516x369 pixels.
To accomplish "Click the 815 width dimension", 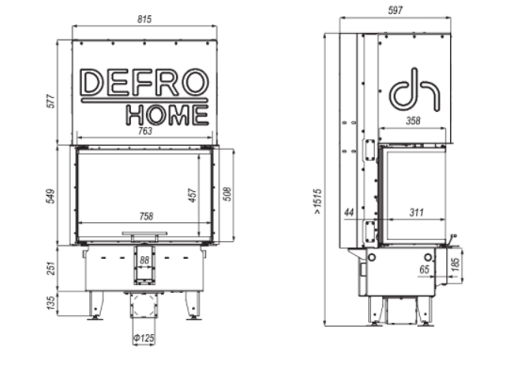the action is (144, 20).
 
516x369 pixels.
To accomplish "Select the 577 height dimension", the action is (52, 102).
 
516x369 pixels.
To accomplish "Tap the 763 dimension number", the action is (145, 131).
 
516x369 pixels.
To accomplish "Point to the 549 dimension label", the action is (51, 196).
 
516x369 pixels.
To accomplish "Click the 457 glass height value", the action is (192, 196).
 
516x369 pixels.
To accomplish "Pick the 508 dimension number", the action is (227, 194).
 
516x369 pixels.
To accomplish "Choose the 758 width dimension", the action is (146, 217).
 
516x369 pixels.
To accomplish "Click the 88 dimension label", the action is (144, 260).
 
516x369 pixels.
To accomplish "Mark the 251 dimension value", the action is (51, 268).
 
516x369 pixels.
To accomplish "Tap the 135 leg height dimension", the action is (51, 303).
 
